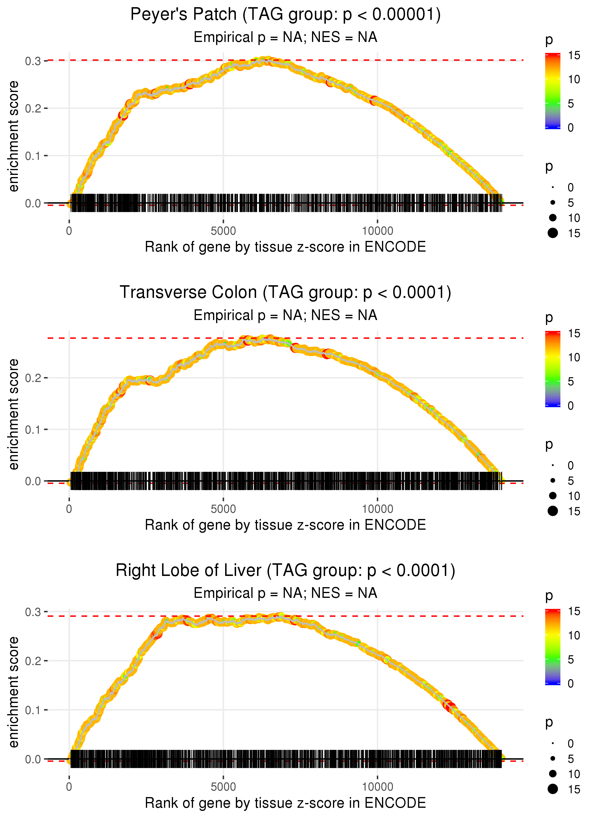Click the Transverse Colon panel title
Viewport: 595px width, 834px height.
[x=285, y=293]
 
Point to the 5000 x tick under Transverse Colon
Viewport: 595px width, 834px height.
[x=223, y=509]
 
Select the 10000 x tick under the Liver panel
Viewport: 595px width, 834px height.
[x=377, y=787]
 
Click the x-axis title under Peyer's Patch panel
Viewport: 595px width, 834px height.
[x=285, y=247]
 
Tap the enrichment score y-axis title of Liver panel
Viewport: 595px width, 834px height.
[x=14, y=692]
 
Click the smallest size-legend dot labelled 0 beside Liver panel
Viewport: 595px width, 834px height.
[x=553, y=743]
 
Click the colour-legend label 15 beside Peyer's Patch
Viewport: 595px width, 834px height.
[x=574, y=55]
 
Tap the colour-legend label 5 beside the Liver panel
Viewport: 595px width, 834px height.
[x=570, y=659]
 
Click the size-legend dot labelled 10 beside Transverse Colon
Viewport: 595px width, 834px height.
[x=553, y=496]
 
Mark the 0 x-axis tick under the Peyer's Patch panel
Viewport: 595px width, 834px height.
[x=69, y=231]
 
